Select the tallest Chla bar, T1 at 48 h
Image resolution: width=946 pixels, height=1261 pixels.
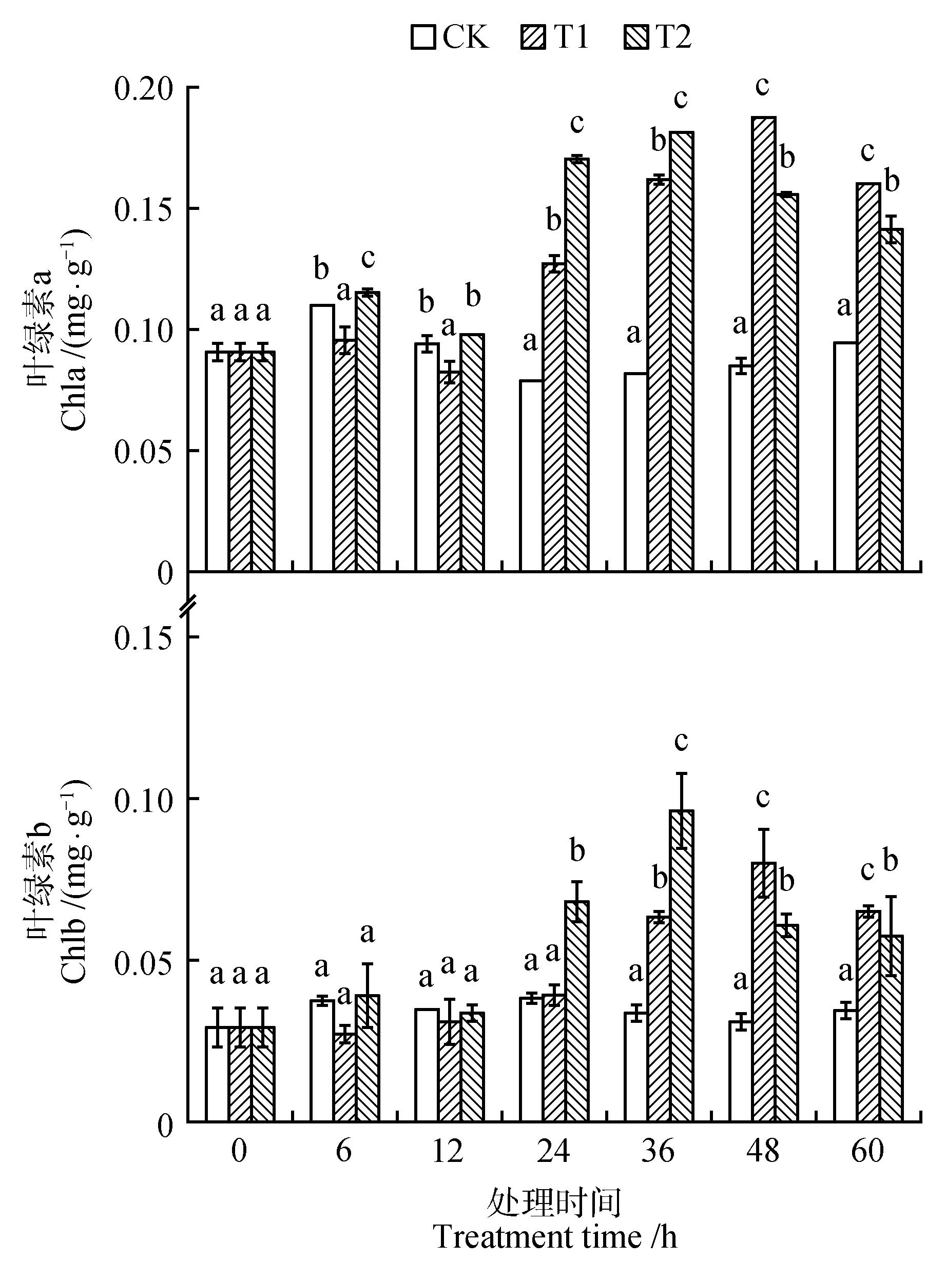(764, 342)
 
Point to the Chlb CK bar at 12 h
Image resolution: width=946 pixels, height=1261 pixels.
(427, 1065)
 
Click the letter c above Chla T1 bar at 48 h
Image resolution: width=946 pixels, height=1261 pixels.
(762, 87)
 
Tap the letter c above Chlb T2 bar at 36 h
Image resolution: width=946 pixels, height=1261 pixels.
(681, 741)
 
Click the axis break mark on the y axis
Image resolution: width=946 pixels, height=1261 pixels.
(189, 606)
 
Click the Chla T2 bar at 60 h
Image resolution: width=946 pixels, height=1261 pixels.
(891, 399)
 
